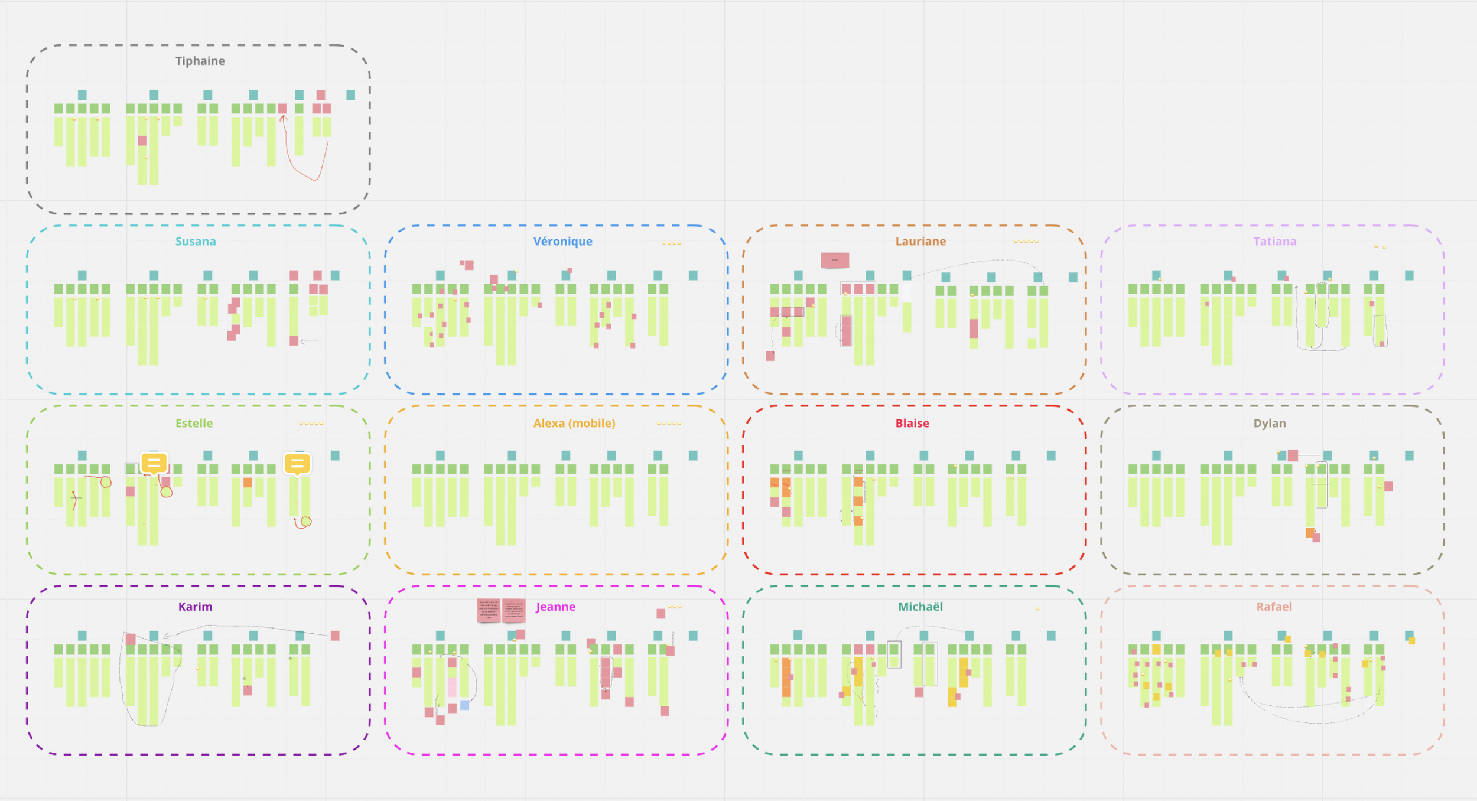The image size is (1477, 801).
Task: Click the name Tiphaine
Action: [200, 61]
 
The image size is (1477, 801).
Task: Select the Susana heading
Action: [196, 241]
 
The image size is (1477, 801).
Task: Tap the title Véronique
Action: [562, 241]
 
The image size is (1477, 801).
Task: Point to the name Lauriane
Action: [920, 241]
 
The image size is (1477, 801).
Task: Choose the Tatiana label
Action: [1274, 241]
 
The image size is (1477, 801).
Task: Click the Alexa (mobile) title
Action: [574, 423]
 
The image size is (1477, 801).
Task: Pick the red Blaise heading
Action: [912, 423]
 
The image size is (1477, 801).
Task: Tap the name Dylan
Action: [1269, 423]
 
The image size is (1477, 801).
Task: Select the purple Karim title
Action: [195, 607]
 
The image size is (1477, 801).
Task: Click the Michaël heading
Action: [920, 607]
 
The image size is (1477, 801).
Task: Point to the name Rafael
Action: [1273, 607]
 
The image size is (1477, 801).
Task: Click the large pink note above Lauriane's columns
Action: [834, 260]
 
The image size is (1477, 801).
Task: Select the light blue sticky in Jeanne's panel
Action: [465, 705]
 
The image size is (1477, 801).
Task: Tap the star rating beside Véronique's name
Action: [671, 243]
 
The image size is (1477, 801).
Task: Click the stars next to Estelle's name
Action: [311, 424]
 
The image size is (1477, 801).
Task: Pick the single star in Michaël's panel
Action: [1037, 609]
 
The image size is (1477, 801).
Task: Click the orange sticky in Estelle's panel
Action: [248, 483]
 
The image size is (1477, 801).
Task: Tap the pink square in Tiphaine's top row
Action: [320, 95]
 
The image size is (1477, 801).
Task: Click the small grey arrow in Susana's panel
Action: [309, 341]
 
